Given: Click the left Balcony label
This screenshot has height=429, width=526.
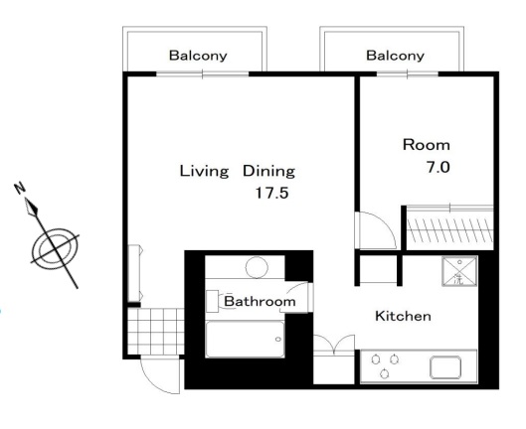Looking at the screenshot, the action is coord(198,56).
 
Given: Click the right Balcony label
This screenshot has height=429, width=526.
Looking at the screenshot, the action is coord(395,56).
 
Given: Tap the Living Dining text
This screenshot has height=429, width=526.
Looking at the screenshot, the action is coord(238,171).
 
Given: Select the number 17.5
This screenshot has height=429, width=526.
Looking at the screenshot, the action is coord(271,193).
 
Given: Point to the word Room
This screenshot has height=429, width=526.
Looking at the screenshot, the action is coord(426,145).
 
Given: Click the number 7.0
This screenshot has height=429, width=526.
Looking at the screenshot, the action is coord(438,167).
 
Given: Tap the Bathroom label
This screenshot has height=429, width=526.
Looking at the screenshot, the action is coord(260,301).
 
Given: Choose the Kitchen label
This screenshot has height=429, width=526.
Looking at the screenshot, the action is coord(403,316).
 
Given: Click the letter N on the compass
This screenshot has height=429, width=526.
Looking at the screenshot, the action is coord(20,188).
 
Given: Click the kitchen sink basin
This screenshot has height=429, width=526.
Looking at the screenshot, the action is coord(445,367).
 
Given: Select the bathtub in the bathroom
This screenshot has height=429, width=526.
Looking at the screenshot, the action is coord(245,340).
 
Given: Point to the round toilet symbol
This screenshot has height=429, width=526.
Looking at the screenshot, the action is coord(257,267).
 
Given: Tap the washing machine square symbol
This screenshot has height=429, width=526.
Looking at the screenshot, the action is coord(459,271).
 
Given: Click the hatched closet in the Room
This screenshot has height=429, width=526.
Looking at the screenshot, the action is coord(449,229).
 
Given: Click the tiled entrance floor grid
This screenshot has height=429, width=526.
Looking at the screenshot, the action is coord(156,331).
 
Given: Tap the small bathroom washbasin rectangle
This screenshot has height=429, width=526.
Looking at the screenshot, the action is coord(212,297).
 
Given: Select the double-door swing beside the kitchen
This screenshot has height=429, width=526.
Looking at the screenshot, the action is coord(334,343).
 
